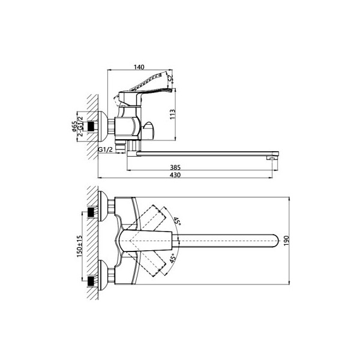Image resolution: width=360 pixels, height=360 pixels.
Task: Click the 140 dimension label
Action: pos(139,67)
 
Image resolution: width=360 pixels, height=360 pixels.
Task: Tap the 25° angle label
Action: pos(170,79)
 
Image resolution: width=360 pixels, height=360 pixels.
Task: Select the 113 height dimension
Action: pos(173,114)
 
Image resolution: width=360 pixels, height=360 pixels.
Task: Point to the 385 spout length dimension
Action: pos(175,167)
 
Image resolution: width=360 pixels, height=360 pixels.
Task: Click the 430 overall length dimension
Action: pos(175,175)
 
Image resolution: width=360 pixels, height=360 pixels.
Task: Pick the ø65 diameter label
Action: pos(74,127)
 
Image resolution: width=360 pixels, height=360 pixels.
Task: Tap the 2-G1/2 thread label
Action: pos(80,126)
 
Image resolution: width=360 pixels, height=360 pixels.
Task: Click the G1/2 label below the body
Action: pos(106,149)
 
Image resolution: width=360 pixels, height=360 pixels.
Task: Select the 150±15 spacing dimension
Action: pos(79,246)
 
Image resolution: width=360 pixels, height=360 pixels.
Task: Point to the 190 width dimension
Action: pos(287,241)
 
